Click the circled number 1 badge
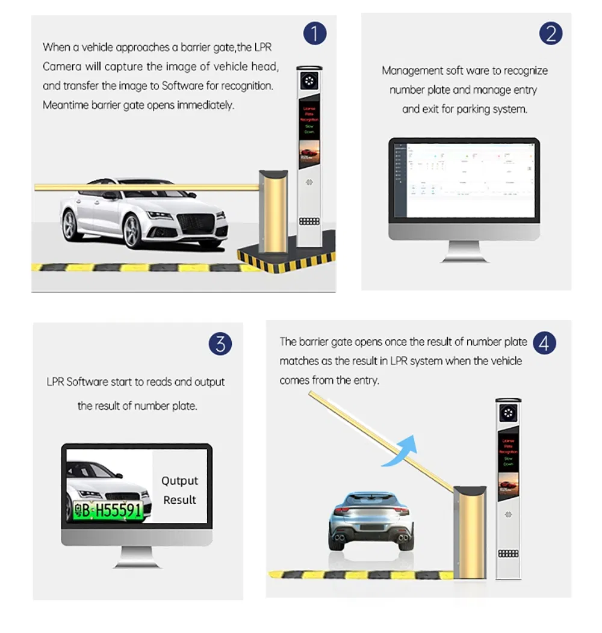[x=314, y=34]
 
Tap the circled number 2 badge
[x=550, y=34]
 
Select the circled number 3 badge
[x=220, y=344]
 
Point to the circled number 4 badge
[x=544, y=344]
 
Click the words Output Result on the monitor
[x=179, y=490]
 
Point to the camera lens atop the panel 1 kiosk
[x=310, y=80]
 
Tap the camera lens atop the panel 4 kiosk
[x=508, y=413]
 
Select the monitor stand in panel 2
[x=464, y=252]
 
